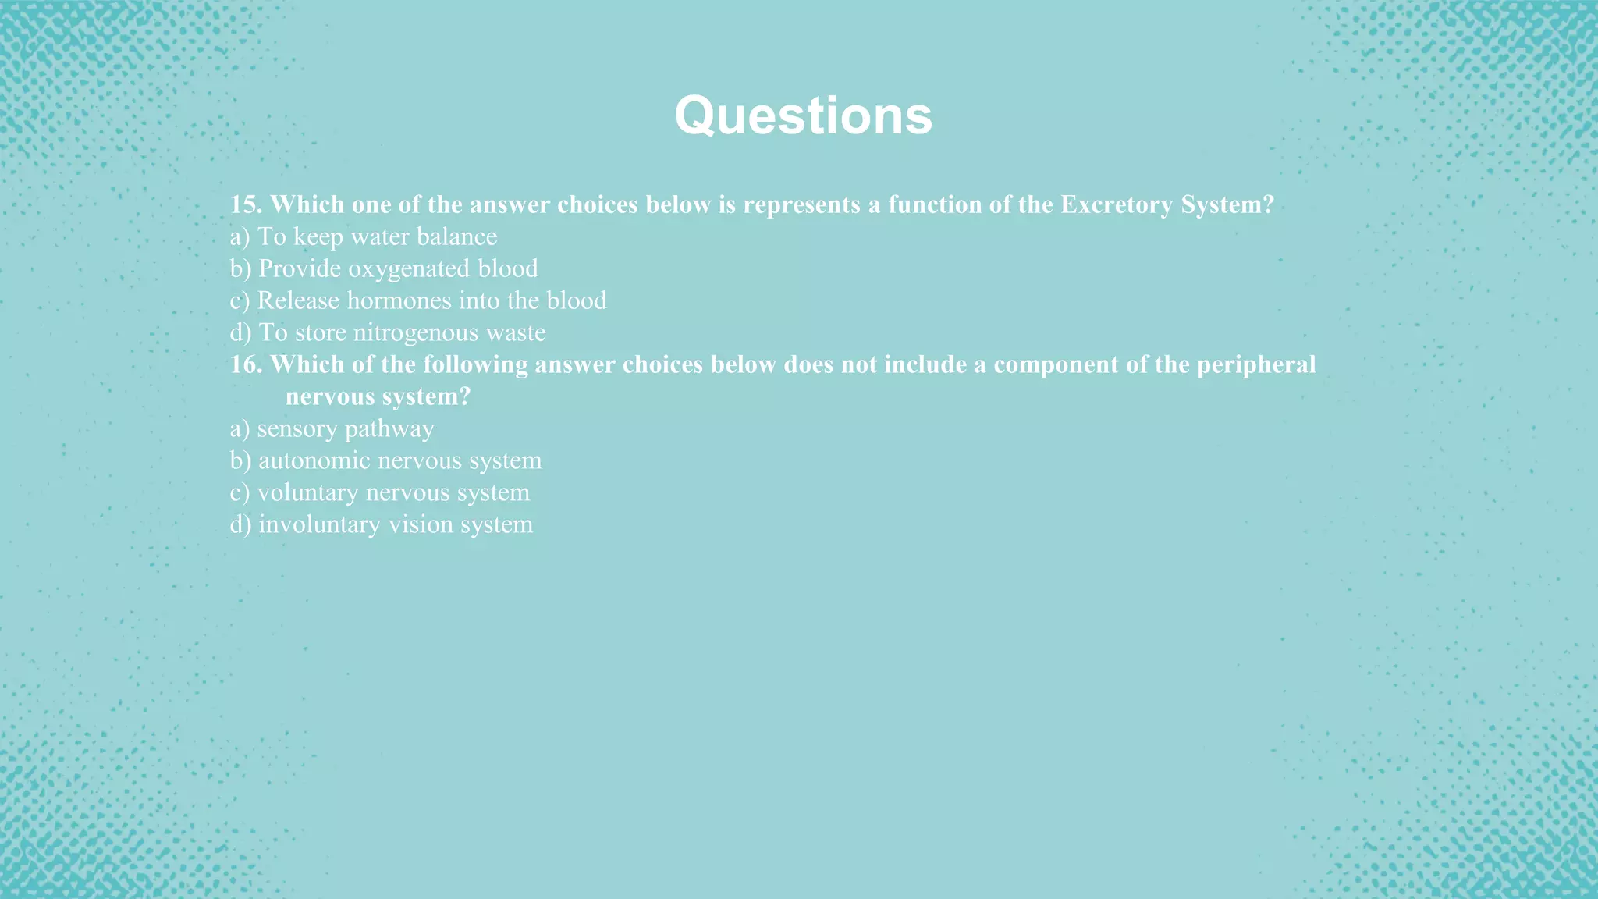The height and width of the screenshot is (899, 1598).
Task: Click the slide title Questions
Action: (803, 115)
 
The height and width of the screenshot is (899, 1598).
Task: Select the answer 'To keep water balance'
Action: (377, 236)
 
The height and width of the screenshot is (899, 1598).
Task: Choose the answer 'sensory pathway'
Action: (345, 428)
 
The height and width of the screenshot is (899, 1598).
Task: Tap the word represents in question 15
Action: (801, 204)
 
